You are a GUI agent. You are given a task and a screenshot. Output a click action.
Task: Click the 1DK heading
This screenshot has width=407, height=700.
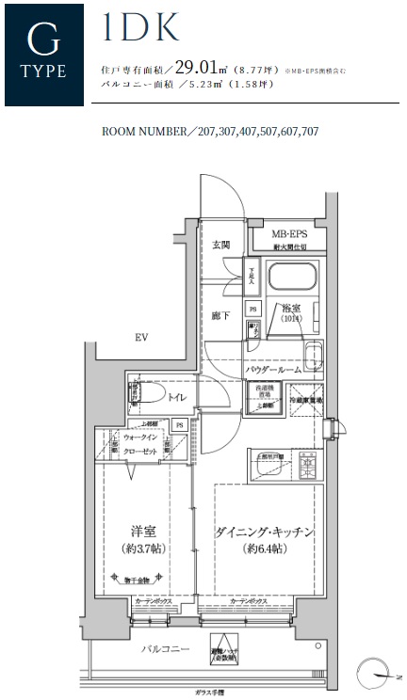tap(139, 29)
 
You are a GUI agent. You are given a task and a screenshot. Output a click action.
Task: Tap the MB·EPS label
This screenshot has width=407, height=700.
tap(289, 234)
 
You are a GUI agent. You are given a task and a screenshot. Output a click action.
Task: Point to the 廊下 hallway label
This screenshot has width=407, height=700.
tap(220, 316)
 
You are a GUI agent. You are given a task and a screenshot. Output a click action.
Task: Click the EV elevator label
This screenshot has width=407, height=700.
tap(142, 337)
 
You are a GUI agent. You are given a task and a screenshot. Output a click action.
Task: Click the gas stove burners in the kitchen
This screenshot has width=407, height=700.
tap(307, 462)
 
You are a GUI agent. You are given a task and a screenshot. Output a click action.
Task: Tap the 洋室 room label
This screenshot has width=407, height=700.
tap(140, 529)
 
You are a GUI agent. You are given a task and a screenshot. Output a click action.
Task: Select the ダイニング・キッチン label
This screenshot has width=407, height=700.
tap(264, 533)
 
